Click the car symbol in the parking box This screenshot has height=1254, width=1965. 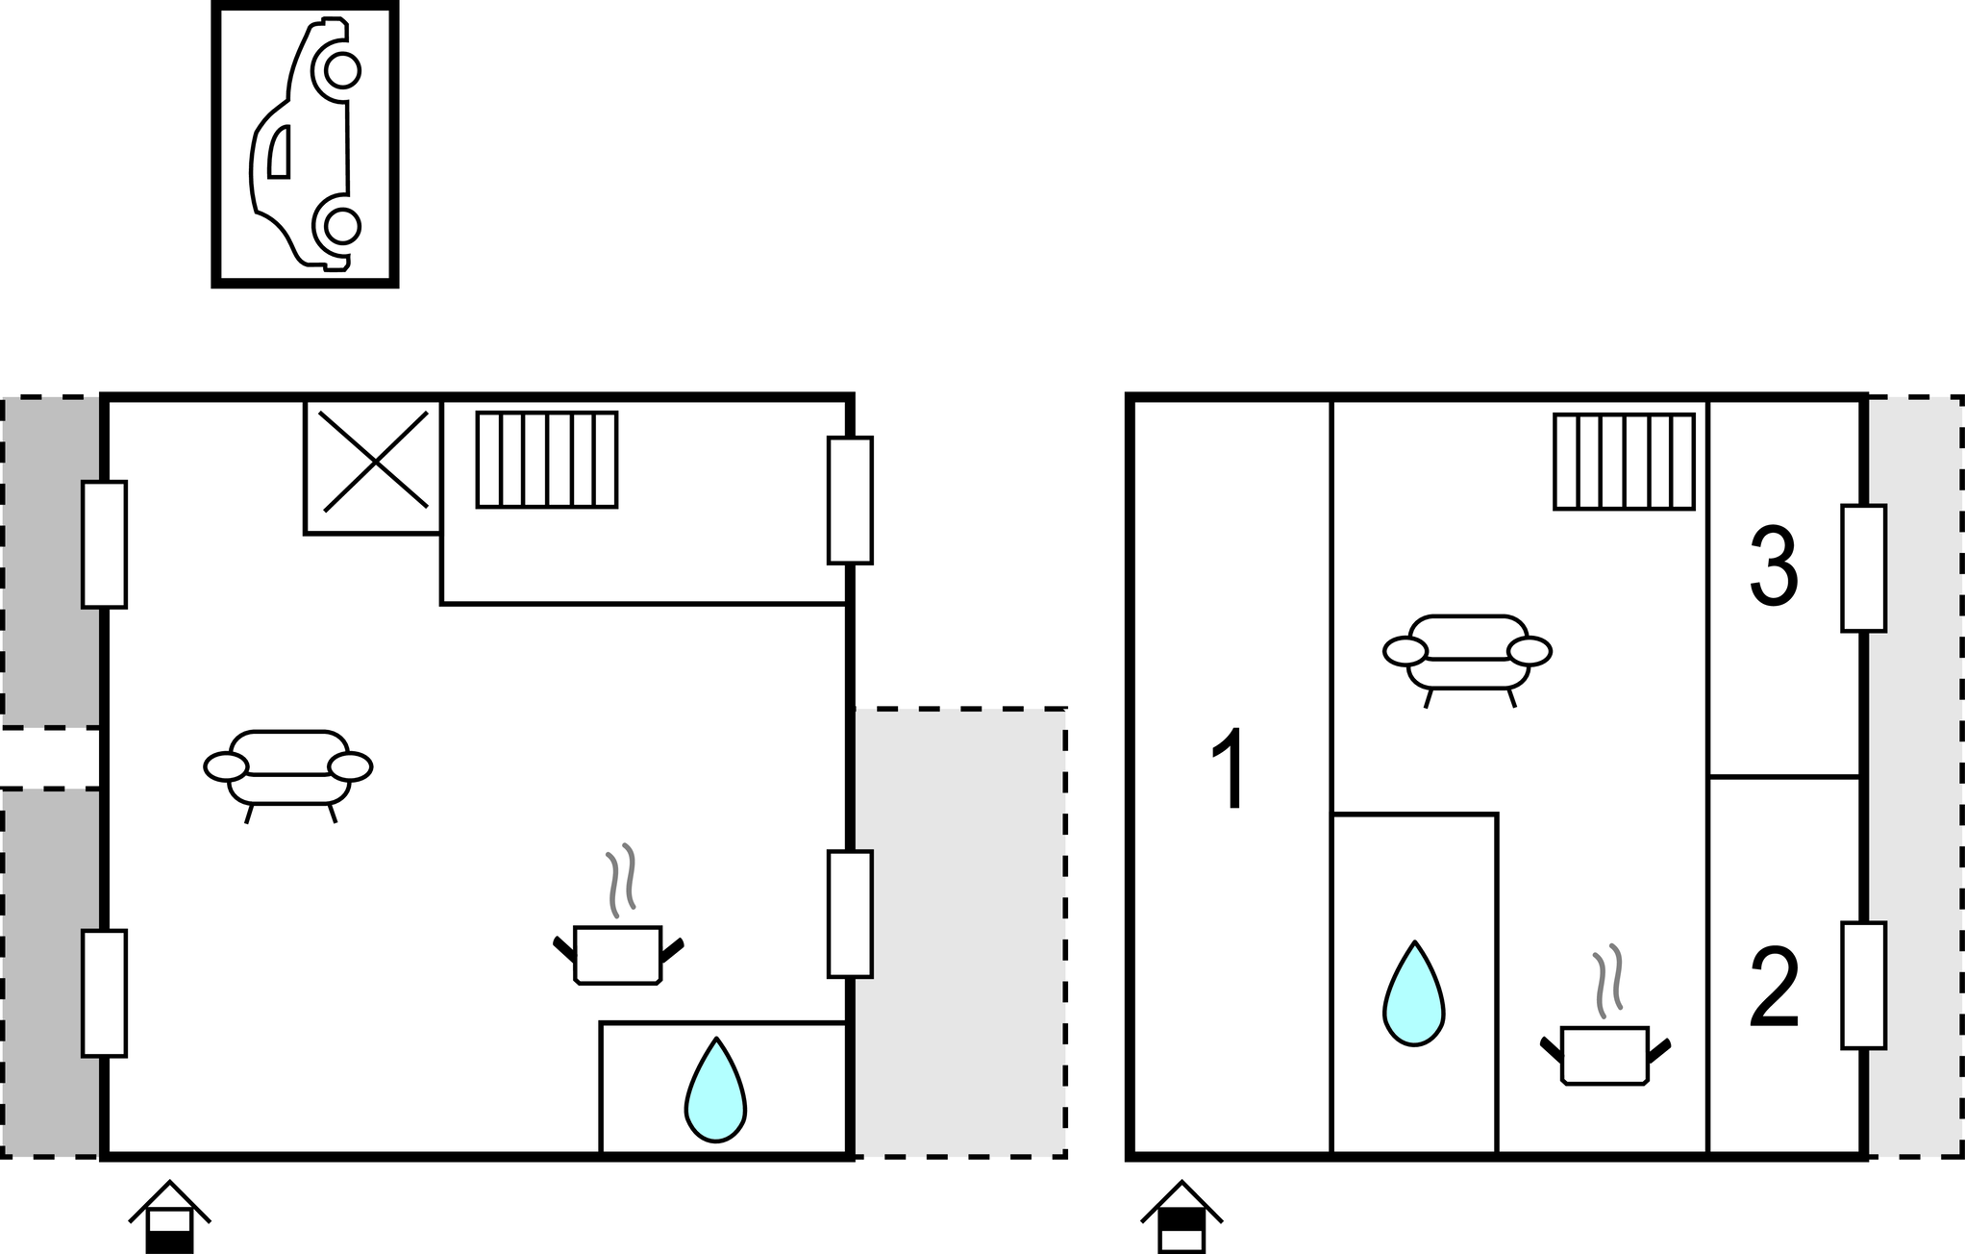point(305,144)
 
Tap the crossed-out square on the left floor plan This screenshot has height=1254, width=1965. point(373,466)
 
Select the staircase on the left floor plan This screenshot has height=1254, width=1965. point(547,460)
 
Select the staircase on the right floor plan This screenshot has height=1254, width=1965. point(1624,462)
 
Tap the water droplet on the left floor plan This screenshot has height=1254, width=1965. point(715,1091)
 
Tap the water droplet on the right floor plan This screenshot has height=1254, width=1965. point(1413,994)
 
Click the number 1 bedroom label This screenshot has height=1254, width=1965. point(1230,770)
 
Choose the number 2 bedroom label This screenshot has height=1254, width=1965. point(1774,989)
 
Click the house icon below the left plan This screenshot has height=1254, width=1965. point(169,1217)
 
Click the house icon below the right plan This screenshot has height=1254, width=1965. point(1181,1217)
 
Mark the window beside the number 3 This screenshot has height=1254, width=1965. point(1863,568)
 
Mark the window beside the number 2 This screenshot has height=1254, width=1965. point(1863,986)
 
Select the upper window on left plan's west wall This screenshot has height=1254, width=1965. point(104,544)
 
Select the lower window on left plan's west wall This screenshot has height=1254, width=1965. point(104,993)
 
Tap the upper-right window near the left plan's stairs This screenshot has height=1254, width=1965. point(850,500)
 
